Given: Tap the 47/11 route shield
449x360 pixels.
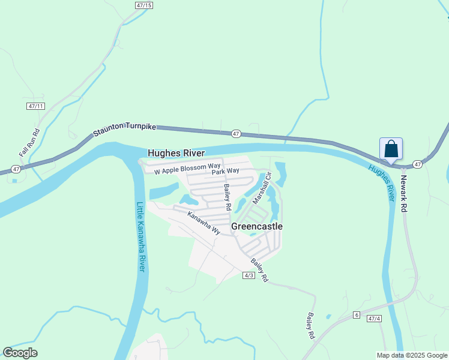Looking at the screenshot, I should click(x=36, y=106).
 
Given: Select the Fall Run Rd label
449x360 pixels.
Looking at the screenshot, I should click(x=28, y=143).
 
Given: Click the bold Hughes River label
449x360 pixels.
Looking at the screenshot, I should click(x=176, y=154).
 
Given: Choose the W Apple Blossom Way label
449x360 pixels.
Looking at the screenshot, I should click(x=187, y=169).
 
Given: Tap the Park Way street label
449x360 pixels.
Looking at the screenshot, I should click(x=225, y=171).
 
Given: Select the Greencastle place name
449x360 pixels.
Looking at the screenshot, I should click(x=257, y=227).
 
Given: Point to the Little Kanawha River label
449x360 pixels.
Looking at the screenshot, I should click(x=141, y=236).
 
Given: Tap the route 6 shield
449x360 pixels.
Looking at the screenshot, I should click(x=356, y=315).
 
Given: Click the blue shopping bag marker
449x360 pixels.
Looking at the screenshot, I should click(x=391, y=149).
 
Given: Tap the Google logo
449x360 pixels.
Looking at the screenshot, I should click(x=20, y=353).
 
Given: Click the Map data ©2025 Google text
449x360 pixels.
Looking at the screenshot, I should click(x=412, y=355).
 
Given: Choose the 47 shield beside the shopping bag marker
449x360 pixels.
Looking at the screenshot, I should click(x=418, y=164).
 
